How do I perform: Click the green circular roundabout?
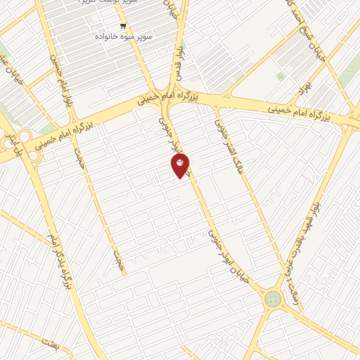coord(272,299)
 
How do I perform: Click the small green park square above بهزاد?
coord(281,76)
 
